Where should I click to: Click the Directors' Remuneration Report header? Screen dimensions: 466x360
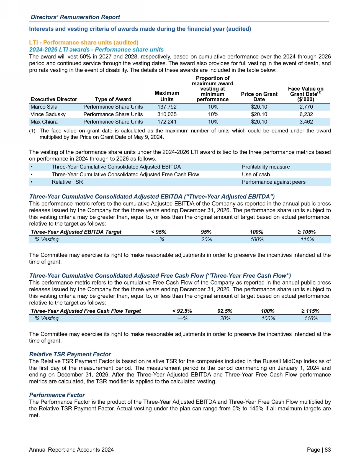click(75, 17)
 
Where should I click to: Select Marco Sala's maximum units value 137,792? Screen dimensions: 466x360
click(167, 107)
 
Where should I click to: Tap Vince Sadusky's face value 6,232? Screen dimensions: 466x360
click(306, 114)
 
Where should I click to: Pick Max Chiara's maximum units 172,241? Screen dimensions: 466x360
click(167, 122)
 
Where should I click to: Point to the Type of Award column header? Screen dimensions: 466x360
click(113, 99)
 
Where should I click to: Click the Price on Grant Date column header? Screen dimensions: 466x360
click(259, 97)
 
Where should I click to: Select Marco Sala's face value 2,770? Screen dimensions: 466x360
click(306, 107)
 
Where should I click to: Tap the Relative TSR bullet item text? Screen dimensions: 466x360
click(67, 182)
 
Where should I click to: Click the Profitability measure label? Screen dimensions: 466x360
click(266, 167)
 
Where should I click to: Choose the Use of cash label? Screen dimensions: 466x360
click(256, 175)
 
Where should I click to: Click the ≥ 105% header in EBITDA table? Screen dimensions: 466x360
click(307, 232)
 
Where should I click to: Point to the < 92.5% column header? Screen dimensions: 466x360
click(182, 311)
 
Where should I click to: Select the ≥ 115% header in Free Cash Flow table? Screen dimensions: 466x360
click(310, 311)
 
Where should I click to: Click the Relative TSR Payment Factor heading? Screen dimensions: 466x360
click(70, 354)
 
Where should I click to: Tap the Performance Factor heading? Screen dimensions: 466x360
click(57, 395)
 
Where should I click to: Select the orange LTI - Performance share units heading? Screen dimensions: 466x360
click(84, 43)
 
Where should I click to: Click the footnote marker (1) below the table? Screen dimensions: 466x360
click(32, 131)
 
